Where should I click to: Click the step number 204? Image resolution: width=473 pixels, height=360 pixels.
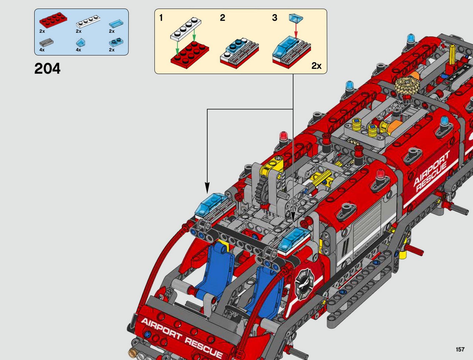point(47,68)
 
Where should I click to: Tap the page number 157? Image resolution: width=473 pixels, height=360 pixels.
point(460,349)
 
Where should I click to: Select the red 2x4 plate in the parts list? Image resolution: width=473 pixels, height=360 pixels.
point(53,20)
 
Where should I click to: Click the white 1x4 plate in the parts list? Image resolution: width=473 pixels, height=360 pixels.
point(88,21)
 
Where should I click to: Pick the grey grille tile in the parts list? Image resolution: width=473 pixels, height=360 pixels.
point(46,42)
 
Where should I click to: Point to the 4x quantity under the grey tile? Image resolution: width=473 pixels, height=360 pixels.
point(42,50)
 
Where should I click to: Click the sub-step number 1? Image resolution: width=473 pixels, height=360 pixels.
point(161,18)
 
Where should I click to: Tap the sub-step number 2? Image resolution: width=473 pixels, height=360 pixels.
point(222,18)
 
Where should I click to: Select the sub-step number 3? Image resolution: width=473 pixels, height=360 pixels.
point(275,18)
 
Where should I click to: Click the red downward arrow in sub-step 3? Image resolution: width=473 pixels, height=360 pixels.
point(296,30)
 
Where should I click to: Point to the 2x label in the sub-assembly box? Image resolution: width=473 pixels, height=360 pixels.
point(316,66)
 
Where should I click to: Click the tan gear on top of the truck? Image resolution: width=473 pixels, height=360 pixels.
point(404,85)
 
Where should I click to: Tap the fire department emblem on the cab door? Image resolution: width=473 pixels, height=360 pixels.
point(304,284)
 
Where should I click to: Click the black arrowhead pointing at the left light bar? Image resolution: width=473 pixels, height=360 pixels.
point(207,188)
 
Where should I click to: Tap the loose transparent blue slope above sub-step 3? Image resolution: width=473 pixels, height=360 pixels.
point(296,18)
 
